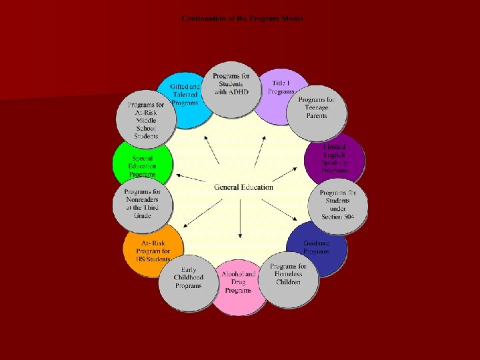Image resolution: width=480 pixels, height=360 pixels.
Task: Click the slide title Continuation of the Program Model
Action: click(242, 19)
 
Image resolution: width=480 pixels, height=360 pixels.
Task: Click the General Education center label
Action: click(243, 187)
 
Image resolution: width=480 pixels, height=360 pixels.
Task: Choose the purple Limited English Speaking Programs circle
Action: click(335, 159)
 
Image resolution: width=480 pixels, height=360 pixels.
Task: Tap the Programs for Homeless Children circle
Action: click(288, 279)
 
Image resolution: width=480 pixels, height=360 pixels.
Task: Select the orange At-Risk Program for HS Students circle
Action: click(153, 249)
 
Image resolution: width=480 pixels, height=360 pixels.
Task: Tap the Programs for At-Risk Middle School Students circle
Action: click(146, 120)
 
